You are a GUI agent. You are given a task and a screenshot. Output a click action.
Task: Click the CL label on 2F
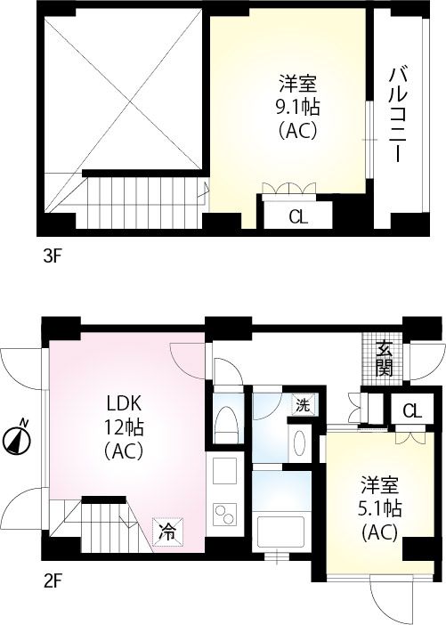point(410,410)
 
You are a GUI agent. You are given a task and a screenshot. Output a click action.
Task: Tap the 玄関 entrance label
point(385,358)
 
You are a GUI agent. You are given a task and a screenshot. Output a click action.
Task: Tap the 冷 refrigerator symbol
point(166,531)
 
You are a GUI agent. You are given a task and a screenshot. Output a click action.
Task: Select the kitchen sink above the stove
point(223,470)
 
